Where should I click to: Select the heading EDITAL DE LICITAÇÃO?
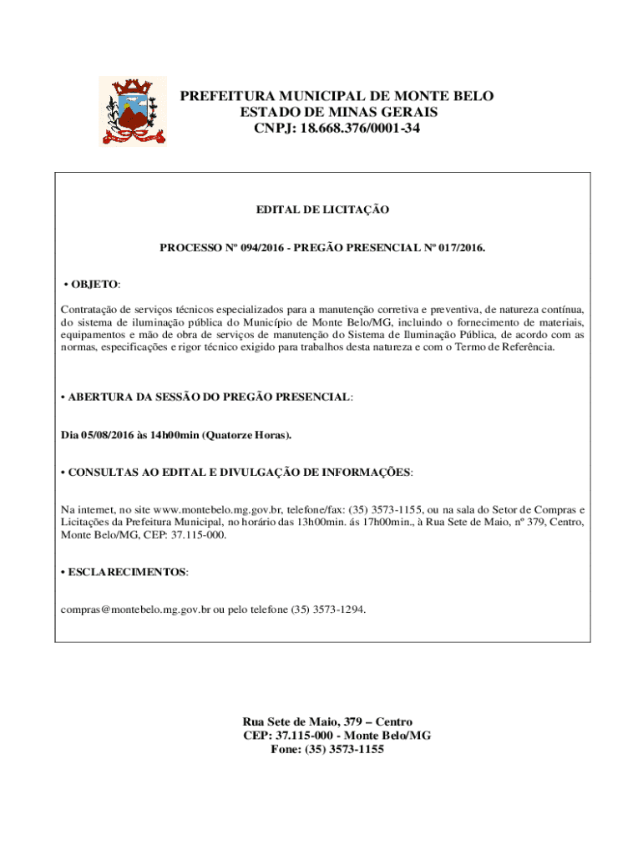pyautogui.click(x=321, y=210)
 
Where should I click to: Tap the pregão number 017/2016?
pyautogui.click(x=451, y=249)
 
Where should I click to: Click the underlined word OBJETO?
pyautogui.click(x=94, y=285)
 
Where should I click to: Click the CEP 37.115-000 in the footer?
pyautogui.click(x=298, y=736)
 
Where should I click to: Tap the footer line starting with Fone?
pyautogui.click(x=327, y=750)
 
